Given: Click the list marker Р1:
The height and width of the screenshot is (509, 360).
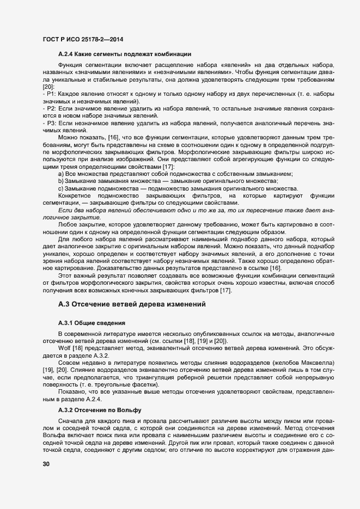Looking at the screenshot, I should click(x=50, y=94).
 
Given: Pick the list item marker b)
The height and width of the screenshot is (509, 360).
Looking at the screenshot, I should click(x=60, y=181).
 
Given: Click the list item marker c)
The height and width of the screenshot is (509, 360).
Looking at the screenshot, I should click(x=60, y=188).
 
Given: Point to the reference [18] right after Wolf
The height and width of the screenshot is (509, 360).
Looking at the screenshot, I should click(x=78, y=347).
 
